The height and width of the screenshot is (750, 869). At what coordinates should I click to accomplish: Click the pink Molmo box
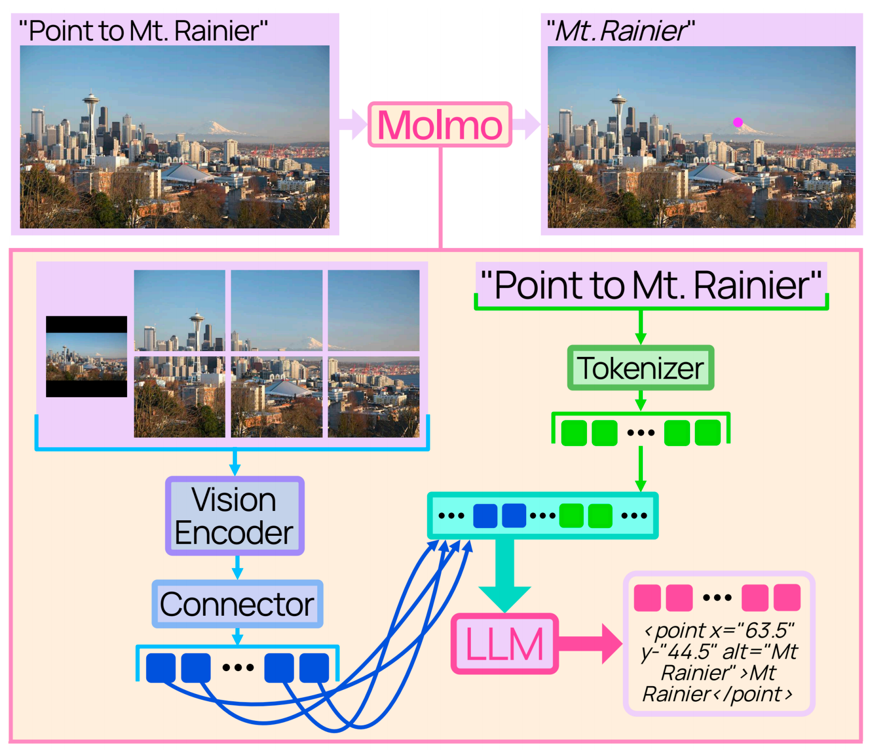coord(440,125)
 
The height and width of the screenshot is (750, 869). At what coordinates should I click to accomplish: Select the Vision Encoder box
coord(234,516)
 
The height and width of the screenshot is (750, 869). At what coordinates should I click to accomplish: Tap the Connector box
coord(237,604)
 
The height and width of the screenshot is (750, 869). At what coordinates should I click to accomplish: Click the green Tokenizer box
coord(640,368)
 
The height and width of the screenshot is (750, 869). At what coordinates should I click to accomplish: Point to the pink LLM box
coord(504,644)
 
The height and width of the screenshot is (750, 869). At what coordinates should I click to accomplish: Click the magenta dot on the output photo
coord(738,122)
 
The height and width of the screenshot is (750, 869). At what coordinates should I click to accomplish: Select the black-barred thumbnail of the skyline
coord(87,357)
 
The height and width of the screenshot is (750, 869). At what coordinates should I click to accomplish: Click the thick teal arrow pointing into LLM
coord(504,576)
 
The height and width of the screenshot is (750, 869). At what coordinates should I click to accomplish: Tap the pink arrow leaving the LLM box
coord(591,644)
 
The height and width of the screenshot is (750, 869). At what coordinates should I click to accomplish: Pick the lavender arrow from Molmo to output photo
coord(526,124)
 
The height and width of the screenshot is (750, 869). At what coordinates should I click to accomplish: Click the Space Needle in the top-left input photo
coord(91,119)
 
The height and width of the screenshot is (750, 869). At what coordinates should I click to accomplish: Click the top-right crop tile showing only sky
coord(373,310)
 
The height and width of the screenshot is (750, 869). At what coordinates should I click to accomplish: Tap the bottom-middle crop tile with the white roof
coord(276,397)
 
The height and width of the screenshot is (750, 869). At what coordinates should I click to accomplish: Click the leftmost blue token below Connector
coord(161,668)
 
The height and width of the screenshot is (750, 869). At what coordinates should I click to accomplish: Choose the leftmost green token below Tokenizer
coord(574,433)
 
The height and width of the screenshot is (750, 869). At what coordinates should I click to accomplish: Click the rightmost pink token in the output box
coord(787,598)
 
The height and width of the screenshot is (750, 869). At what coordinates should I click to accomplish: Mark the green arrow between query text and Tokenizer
coord(640,327)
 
